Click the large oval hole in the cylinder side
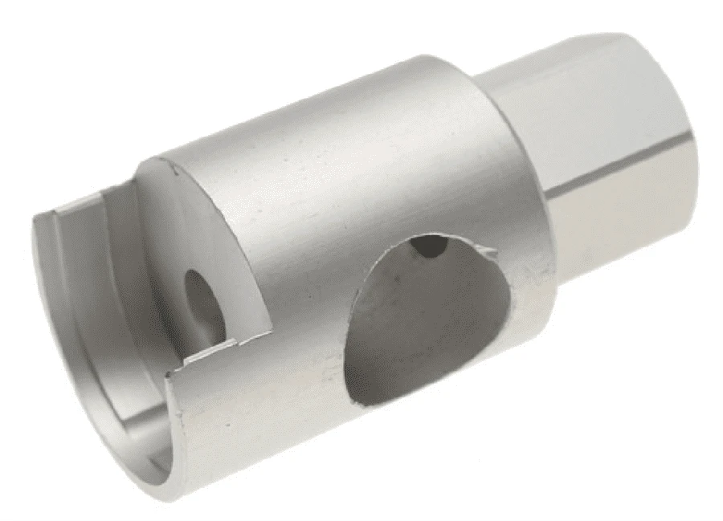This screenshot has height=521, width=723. (x=426, y=321)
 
